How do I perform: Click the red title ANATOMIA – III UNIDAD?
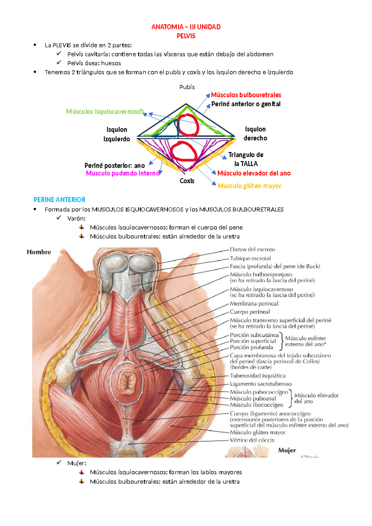click(x=186, y=27)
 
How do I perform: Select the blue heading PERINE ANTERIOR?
click(x=60, y=200)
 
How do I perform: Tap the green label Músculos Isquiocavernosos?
click(x=105, y=112)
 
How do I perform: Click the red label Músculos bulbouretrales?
click(x=246, y=95)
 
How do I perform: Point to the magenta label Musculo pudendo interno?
click(x=123, y=173)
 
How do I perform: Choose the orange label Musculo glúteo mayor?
click(x=249, y=186)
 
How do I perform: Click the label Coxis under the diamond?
click(x=187, y=181)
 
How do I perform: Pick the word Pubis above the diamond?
click(x=187, y=87)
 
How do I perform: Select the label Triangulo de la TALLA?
click(x=246, y=159)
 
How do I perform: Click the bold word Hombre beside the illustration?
click(x=39, y=252)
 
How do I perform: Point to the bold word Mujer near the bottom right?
click(x=287, y=450)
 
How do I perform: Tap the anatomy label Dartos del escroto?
click(x=252, y=249)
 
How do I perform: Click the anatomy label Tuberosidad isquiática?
click(x=258, y=376)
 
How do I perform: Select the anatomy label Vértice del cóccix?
click(x=252, y=440)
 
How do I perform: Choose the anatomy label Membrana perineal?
click(x=254, y=304)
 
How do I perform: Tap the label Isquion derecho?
click(x=255, y=134)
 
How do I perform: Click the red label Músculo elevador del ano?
click(x=254, y=173)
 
